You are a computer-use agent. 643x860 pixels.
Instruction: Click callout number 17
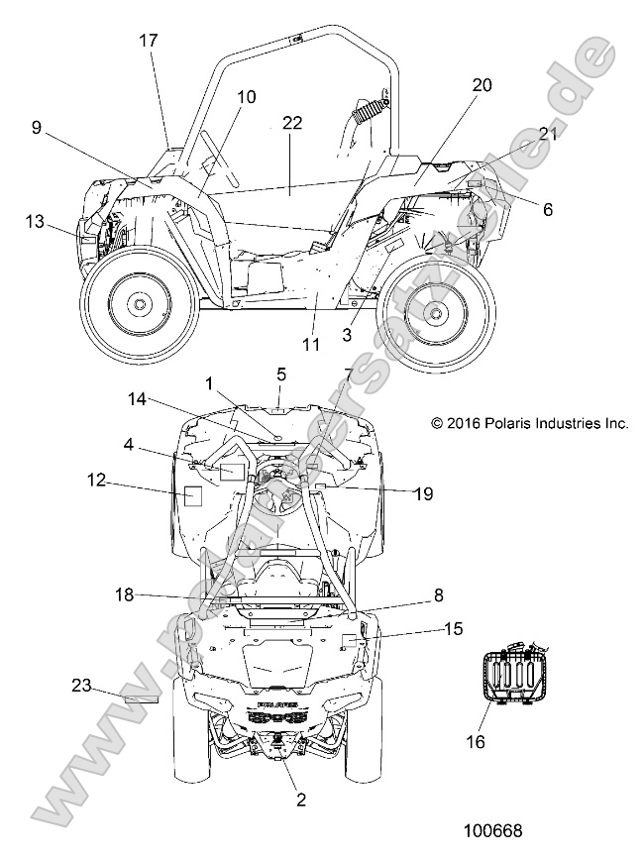tap(148, 41)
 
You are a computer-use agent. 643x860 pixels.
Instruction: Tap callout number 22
tap(291, 123)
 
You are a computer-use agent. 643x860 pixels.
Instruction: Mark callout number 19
tap(422, 492)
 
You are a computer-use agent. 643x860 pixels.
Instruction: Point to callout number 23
tap(81, 684)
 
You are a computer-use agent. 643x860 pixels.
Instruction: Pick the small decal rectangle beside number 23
tap(141, 698)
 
